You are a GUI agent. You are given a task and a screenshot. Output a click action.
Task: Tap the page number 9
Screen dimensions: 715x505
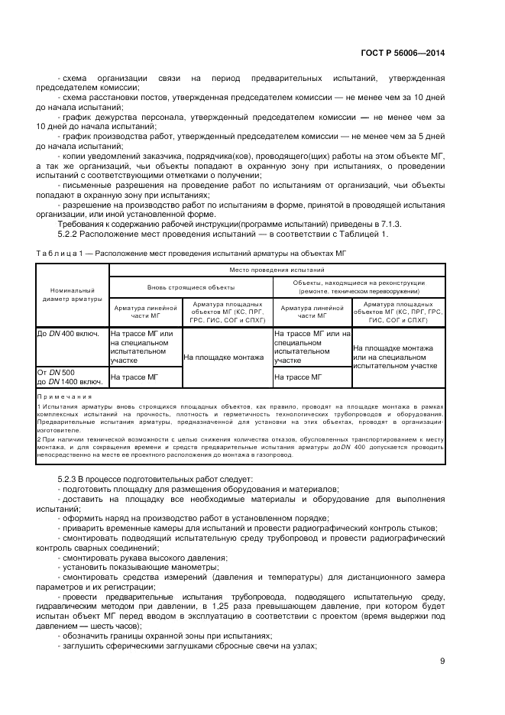pos(442,662)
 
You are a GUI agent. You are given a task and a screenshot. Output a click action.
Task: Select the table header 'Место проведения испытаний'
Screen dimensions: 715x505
pos(277,270)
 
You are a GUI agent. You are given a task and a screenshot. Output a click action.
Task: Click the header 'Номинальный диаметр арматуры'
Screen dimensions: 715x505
pos(72,294)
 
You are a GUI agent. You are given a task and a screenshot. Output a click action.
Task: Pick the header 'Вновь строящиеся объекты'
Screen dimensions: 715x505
pos(191,287)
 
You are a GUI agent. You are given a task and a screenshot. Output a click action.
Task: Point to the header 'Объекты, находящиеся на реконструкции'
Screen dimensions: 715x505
pos(359,283)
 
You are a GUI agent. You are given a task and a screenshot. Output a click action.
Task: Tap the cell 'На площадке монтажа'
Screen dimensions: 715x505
pos(227,357)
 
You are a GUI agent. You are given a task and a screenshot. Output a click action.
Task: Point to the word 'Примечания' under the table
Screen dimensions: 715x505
pos(64,397)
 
